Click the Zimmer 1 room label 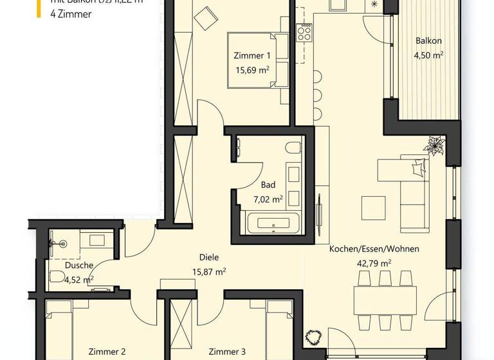pyautogui.click(x=250, y=56)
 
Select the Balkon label pyautogui.click(x=428, y=41)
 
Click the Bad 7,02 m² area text pyautogui.click(x=268, y=199)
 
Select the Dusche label pyautogui.click(x=79, y=265)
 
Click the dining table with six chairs pyautogui.click(x=384, y=300)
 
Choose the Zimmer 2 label pyautogui.click(x=106, y=352)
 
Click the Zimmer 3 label pyautogui.click(x=227, y=352)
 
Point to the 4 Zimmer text pyautogui.click(x=70, y=14)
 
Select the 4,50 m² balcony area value pyautogui.click(x=428, y=55)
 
